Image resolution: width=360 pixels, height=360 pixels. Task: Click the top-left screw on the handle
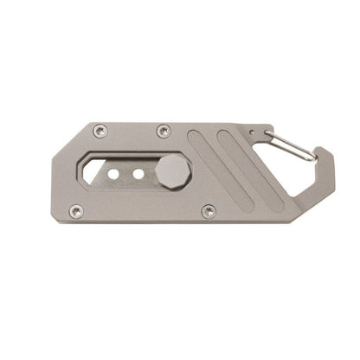tap(100, 131)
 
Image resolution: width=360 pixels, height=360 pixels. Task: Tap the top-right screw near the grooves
tap(164, 131)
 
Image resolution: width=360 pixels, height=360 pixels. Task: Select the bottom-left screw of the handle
tap(75, 210)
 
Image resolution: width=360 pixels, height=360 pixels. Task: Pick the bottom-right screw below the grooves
tap(209, 210)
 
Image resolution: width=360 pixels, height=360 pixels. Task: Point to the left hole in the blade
tap(113, 174)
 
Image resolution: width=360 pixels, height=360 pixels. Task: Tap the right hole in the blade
tap(138, 174)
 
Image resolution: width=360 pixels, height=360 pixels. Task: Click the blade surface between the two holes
tap(126, 174)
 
